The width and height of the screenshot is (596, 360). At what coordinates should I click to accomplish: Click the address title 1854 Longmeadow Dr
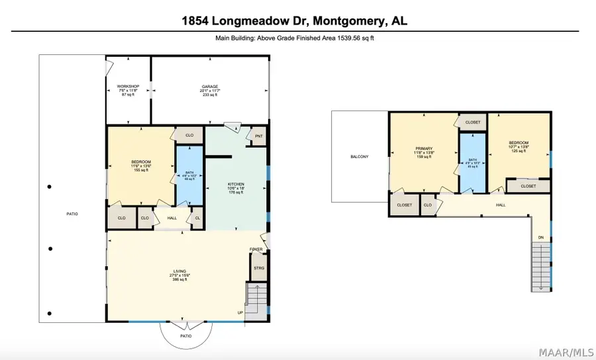point(295,21)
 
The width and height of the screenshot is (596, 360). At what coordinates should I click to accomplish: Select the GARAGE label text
point(211,87)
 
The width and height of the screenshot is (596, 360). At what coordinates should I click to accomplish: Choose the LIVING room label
point(179,271)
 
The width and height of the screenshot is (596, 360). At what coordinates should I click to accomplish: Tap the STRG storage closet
point(258,269)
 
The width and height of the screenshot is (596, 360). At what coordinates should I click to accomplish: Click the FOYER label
point(256,249)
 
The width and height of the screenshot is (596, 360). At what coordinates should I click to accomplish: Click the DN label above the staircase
point(541,238)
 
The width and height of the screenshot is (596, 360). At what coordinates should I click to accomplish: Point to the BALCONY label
point(360,157)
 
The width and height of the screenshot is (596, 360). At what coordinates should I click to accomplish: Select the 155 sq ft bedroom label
point(141,166)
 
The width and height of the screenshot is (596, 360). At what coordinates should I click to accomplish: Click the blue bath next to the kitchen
point(189,175)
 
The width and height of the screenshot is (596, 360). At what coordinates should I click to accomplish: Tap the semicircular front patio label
point(186,336)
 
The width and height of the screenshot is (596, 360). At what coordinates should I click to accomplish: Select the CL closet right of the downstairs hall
point(196,217)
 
